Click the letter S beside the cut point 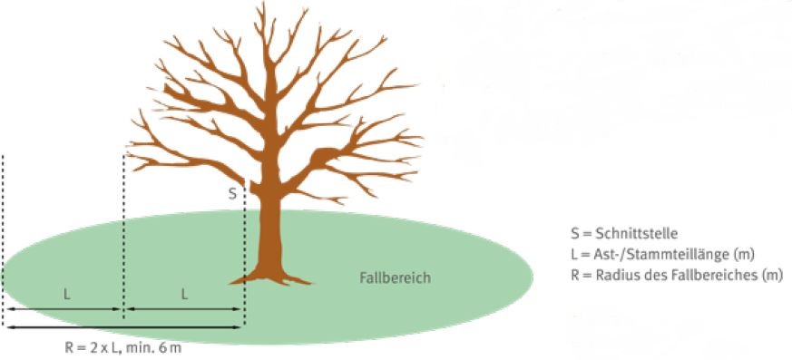(x=232, y=194)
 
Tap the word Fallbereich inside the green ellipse (x=395, y=277)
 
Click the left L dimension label (x=66, y=295)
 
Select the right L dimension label (x=184, y=295)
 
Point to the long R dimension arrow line (x=123, y=327)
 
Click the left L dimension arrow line (x=64, y=309)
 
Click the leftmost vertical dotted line (x=3, y=239)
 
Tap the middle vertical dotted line (x=123, y=237)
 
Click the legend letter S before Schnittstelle (x=574, y=234)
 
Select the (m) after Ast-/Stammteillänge (x=745, y=255)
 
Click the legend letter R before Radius (x=575, y=276)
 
